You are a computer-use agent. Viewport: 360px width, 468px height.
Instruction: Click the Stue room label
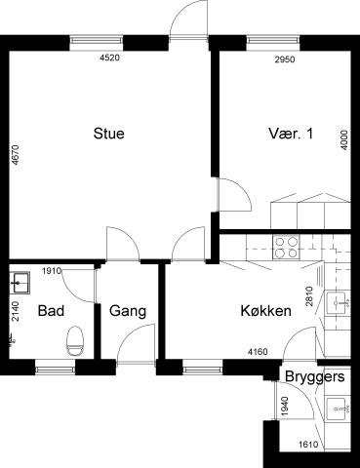pyautogui.click(x=109, y=134)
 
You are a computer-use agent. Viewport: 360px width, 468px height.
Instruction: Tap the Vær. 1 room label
pyautogui.click(x=291, y=134)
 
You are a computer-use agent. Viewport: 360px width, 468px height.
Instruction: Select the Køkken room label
pyautogui.click(x=266, y=311)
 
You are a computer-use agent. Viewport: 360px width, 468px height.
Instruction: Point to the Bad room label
pyautogui.click(x=51, y=311)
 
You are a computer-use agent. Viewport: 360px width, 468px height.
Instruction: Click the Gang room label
pyautogui.click(x=128, y=311)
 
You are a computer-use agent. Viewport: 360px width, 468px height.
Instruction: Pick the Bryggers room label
pyautogui.click(x=315, y=377)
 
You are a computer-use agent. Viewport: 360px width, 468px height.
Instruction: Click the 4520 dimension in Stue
pyautogui.click(x=110, y=58)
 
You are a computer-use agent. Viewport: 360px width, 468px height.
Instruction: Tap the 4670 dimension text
pyautogui.click(x=15, y=155)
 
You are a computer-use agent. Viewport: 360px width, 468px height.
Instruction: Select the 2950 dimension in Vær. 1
pyautogui.click(x=285, y=59)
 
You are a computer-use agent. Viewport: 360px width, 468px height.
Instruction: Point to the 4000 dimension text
pyautogui.click(x=344, y=139)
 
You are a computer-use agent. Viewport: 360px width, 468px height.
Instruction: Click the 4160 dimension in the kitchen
pyautogui.click(x=258, y=351)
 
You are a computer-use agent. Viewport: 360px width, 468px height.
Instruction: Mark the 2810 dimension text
pyautogui.click(x=309, y=296)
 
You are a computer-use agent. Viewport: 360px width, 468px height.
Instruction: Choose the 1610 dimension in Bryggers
pyautogui.click(x=308, y=444)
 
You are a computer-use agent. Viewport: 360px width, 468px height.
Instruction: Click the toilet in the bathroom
pyautogui.click(x=75, y=341)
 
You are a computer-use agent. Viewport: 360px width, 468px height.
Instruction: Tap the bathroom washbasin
pyautogui.click(x=20, y=283)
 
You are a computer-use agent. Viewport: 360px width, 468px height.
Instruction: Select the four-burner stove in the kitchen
pyautogui.click(x=286, y=248)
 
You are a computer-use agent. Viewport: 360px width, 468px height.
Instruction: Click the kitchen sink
pyautogui.click(x=339, y=303)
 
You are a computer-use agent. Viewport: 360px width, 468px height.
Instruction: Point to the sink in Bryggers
pyautogui.click(x=339, y=409)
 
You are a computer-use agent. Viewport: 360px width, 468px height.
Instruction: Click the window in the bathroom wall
pyautogui.click(x=56, y=368)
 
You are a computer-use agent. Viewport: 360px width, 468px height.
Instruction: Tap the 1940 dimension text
pyautogui.click(x=284, y=407)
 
